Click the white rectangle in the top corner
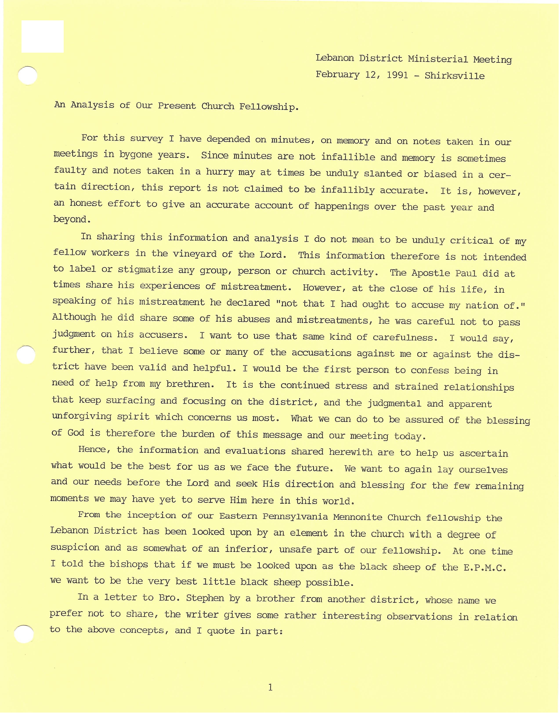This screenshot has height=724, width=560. click(42, 36)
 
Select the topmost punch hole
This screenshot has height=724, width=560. click(27, 76)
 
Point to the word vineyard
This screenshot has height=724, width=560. click(190, 254)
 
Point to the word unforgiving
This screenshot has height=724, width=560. click(82, 416)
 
